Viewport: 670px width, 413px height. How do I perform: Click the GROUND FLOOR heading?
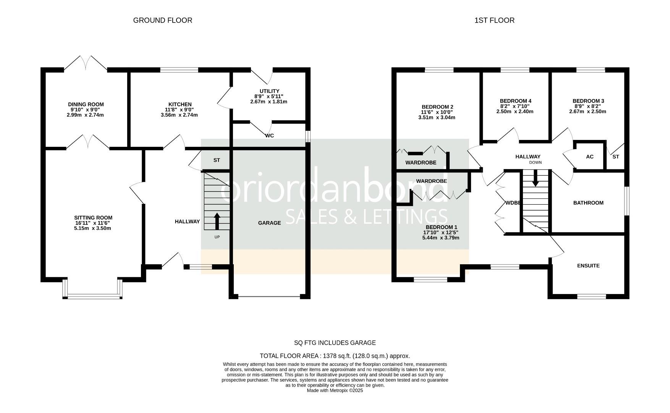[x=162, y=20]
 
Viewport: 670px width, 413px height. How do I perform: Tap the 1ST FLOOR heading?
[x=494, y=20]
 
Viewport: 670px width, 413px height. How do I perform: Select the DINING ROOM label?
[x=86, y=104]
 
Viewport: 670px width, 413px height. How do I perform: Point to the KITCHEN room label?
[x=180, y=104]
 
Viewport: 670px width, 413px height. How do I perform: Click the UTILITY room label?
[x=269, y=91]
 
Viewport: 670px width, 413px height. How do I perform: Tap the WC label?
[x=270, y=136]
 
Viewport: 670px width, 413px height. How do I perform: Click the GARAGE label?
[x=269, y=223]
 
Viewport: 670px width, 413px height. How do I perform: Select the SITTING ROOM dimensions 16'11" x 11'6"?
[x=93, y=223]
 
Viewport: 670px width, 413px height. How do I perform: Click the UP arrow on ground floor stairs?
[x=217, y=221]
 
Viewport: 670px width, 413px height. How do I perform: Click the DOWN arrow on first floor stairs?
[x=535, y=178]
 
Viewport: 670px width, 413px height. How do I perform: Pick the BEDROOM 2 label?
[x=437, y=107]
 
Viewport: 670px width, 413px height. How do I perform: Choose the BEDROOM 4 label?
[x=515, y=101]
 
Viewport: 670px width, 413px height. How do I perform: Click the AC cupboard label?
[x=589, y=157]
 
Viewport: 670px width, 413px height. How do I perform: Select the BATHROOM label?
[x=588, y=203]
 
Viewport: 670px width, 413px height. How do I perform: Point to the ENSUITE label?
[x=588, y=265]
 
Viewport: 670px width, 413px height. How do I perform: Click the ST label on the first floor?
[x=615, y=157]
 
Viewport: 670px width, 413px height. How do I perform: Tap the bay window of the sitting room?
[x=92, y=296]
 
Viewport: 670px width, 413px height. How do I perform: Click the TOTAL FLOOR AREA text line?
[x=335, y=356]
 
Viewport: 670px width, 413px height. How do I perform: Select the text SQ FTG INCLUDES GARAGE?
[x=335, y=343]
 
